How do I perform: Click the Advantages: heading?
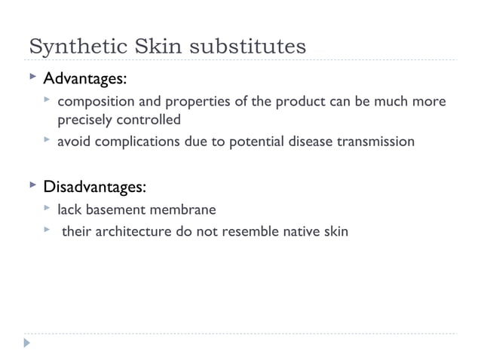[x=84, y=78]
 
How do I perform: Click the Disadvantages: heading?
[x=94, y=185]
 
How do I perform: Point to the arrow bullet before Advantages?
[x=31, y=78]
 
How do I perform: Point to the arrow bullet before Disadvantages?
[x=31, y=185]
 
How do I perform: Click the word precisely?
[x=84, y=119]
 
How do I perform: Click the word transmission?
[x=375, y=141]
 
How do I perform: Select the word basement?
[x=121, y=209]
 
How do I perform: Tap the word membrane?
[x=186, y=209]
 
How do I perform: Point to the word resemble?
[x=244, y=231]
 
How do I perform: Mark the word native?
[x=298, y=231]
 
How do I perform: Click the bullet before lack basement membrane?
[x=47, y=209]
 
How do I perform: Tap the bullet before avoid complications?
[x=47, y=140]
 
